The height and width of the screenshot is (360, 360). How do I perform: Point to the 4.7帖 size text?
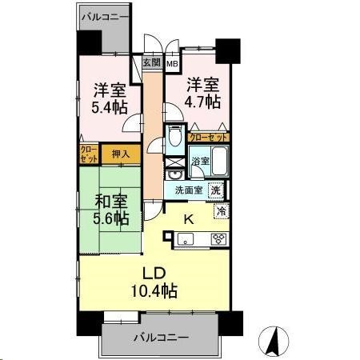(x=203, y=102)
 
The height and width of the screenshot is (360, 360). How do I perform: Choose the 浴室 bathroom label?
(x=200, y=162)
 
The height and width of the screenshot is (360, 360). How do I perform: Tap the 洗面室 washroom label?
(x=190, y=190)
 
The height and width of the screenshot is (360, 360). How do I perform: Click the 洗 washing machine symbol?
(x=215, y=190)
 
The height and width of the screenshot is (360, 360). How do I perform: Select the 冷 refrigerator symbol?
(x=221, y=211)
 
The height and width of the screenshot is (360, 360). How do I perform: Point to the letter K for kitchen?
(x=190, y=217)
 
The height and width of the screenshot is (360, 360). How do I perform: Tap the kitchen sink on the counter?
(x=184, y=238)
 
